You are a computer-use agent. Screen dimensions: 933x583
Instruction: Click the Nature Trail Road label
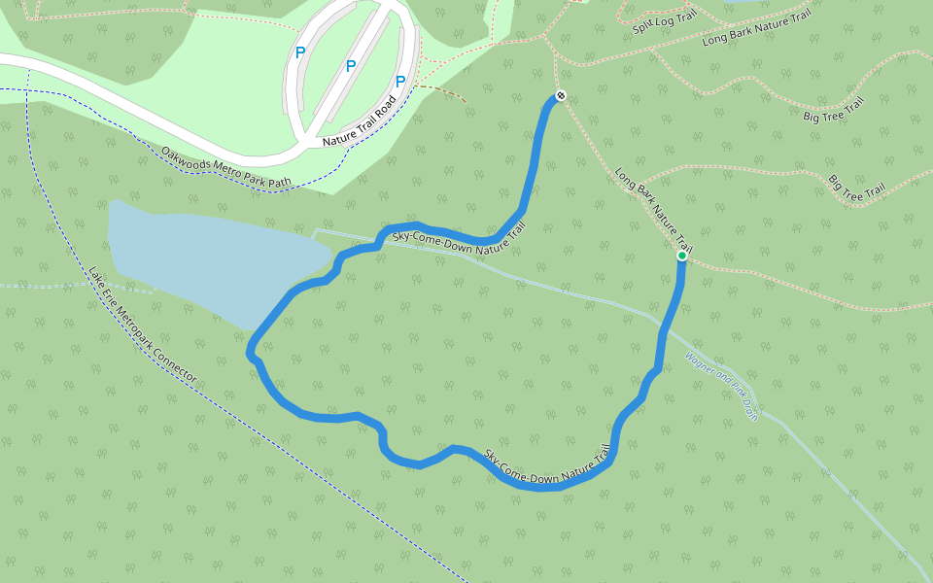[359, 121]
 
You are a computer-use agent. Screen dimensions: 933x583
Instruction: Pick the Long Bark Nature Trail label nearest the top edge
[756, 30]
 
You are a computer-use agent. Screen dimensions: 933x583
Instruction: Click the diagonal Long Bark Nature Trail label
[653, 207]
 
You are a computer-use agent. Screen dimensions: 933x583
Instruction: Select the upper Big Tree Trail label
[833, 110]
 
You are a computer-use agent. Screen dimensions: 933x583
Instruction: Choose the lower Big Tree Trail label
[856, 188]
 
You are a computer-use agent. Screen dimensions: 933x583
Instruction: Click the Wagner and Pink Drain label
[720, 385]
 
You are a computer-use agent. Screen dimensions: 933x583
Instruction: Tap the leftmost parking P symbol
[300, 52]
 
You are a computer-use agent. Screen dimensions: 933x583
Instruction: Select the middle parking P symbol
[350, 66]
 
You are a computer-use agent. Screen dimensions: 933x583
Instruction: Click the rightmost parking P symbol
[399, 82]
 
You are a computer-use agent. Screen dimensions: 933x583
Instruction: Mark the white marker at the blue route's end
[560, 96]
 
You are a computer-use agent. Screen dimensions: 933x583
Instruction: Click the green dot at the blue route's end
[681, 256]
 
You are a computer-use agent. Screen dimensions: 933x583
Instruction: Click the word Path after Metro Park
[280, 182]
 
